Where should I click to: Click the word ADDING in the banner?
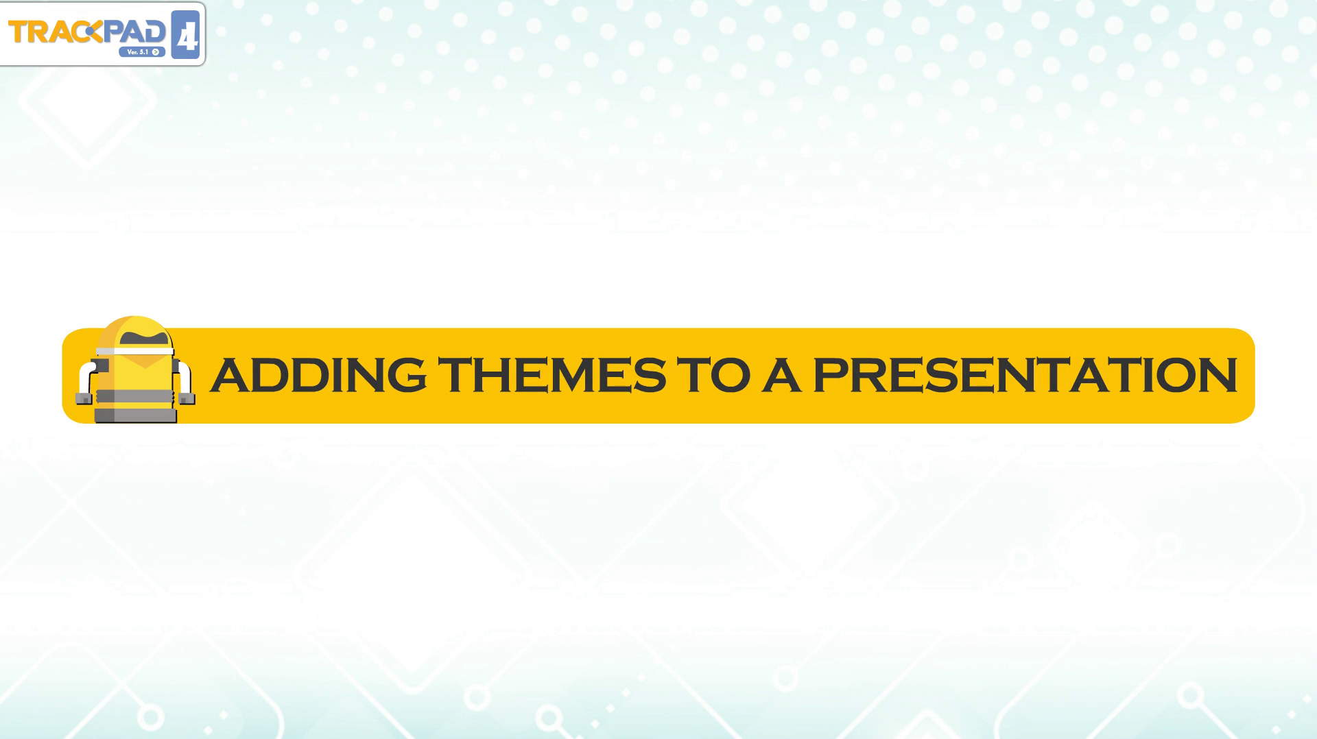tap(318, 374)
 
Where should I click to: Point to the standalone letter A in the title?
tap(781, 374)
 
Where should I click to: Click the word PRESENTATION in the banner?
tap(1025, 374)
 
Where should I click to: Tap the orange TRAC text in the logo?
tap(48, 32)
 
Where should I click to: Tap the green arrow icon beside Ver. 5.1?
tap(156, 52)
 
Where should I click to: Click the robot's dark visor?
tap(144, 338)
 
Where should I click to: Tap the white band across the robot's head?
tap(134, 351)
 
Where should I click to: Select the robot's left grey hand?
tap(84, 398)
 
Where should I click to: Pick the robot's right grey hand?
tap(187, 398)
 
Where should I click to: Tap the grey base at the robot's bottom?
tap(135, 415)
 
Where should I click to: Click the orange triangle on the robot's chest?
tap(145, 361)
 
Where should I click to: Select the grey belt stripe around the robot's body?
tap(135, 396)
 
